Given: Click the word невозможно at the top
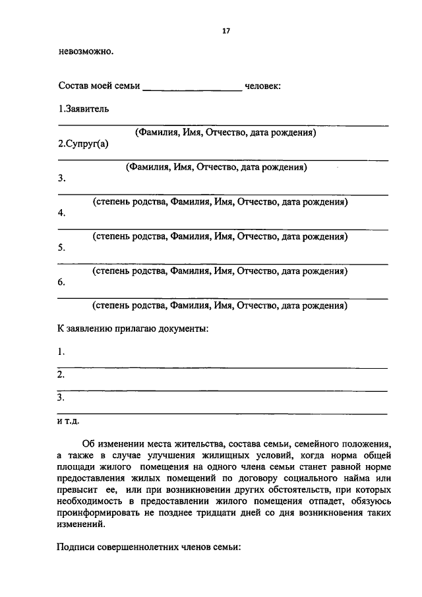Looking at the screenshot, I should pos(85,52).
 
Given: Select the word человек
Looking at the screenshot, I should pos(262,86).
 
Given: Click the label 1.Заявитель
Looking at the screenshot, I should pos(83,109).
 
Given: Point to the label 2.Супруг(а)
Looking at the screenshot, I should pos(83,144).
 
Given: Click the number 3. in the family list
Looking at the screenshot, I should pos(62,179).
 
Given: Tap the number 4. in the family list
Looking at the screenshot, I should pos(62,214).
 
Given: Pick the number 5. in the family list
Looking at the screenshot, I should pos(62,248).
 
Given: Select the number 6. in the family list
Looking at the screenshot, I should pos(62,282).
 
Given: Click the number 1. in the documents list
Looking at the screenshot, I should pos(61,352).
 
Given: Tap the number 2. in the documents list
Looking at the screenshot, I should pos(61,375).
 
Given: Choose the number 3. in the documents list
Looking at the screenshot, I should pos(61,398).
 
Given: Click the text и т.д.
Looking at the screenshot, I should pos(68,421).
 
